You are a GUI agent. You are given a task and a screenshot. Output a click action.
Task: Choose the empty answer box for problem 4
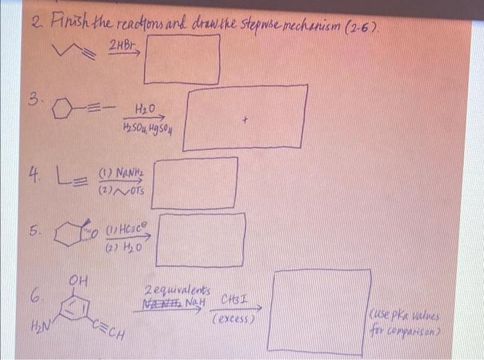point(194,182)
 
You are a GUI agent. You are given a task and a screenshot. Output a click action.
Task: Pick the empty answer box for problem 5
point(201,240)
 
